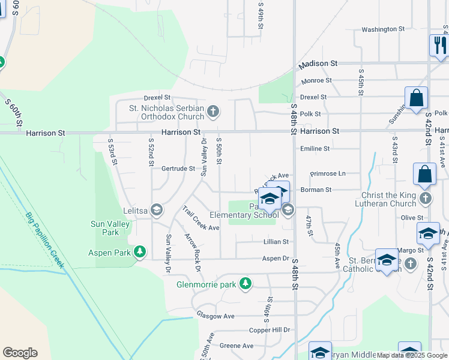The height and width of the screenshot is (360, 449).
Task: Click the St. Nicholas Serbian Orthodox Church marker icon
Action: pyautogui.click(x=214, y=110)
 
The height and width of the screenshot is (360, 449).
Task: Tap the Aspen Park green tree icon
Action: pyautogui.click(x=140, y=252)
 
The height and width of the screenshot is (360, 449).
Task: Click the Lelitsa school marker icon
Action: pyautogui.click(x=157, y=209)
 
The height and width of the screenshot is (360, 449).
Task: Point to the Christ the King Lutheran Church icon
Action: pyautogui.click(x=426, y=197)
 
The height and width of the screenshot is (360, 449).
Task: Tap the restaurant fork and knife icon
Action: pyautogui.click(x=439, y=45)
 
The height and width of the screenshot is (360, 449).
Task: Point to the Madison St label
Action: pyautogui.click(x=319, y=63)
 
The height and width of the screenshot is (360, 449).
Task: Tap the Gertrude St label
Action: pyautogui.click(x=178, y=169)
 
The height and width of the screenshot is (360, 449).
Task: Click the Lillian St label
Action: pyautogui.click(x=276, y=242)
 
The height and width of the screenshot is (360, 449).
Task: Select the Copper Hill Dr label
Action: pyautogui.click(x=270, y=330)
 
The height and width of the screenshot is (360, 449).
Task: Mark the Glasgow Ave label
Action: pyautogui.click(x=215, y=316)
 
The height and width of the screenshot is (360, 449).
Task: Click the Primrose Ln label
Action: pyautogui.click(x=328, y=173)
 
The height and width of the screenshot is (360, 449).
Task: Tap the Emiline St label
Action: pyautogui.click(x=315, y=148)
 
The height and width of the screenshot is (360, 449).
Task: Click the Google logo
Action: pyautogui.click(x=20, y=353)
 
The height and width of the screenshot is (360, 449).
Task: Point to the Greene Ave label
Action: pyautogui.click(x=237, y=346)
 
